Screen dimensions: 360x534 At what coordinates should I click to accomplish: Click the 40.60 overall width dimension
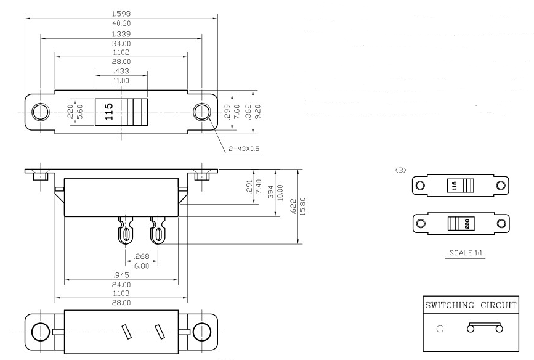click(x=121, y=23)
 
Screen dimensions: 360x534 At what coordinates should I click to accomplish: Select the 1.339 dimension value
click(x=121, y=34)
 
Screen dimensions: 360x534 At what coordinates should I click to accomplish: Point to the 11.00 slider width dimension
click(x=121, y=81)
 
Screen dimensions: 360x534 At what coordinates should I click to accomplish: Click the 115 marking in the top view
click(x=108, y=112)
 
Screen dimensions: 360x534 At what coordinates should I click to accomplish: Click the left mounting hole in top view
click(x=41, y=112)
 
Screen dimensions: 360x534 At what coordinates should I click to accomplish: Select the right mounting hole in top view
click(x=201, y=112)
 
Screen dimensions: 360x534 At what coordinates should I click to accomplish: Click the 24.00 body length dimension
click(x=121, y=285)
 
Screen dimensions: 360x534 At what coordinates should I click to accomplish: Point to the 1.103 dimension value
click(x=121, y=295)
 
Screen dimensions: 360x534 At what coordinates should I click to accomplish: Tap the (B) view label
click(x=402, y=170)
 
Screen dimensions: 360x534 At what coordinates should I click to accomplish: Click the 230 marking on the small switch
click(x=466, y=223)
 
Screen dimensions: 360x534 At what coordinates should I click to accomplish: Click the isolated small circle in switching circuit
click(x=439, y=329)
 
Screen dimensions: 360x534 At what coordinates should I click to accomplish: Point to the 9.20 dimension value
click(x=258, y=112)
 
